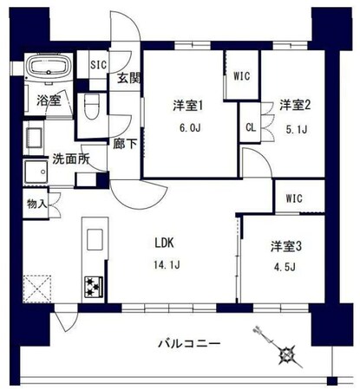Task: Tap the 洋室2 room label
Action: [295, 106]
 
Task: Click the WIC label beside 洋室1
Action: [241, 76]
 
